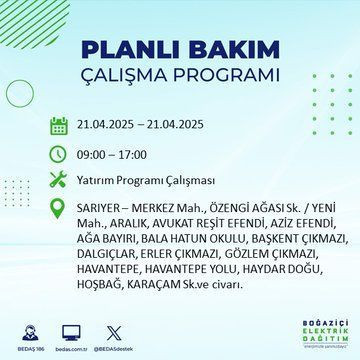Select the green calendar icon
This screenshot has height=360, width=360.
point(59,125)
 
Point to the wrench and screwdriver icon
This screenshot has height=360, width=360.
point(59,181)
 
